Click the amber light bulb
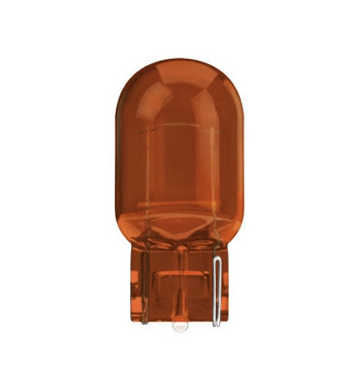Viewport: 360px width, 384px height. tap(179, 163)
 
